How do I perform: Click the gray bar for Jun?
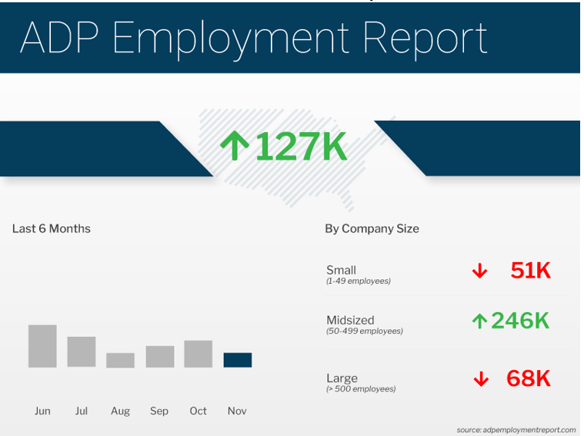pos(42,346)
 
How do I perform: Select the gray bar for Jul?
pos(82,352)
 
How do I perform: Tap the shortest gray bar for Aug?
pos(120,361)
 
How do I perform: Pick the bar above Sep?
pos(160,357)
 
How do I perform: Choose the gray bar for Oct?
pos(199,354)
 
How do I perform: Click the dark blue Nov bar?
pos(238,360)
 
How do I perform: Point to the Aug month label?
pos(120,411)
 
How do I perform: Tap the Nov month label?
pos(237,411)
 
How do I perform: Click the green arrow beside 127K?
pos(235,145)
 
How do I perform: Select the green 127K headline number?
pos(302,146)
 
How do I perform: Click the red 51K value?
pos(531,271)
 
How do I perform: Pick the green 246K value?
pos(520,321)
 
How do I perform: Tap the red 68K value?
pos(529,378)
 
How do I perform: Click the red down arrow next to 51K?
pos(479,271)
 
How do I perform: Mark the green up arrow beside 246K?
pos(479,321)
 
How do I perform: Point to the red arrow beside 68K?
pos(481,379)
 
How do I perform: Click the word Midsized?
pos(350,320)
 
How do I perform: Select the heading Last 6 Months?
pos(52,228)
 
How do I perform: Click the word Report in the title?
pos(425,38)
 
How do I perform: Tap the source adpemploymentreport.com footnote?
pos(516,430)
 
